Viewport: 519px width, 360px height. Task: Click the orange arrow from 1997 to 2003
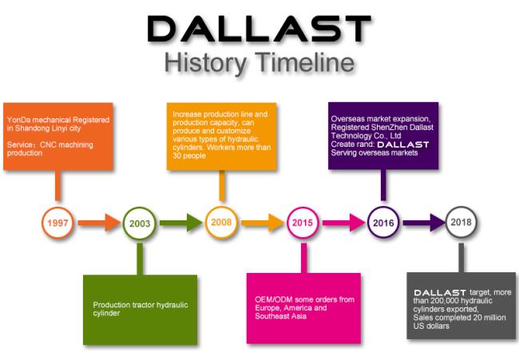pyautogui.click(x=99, y=223)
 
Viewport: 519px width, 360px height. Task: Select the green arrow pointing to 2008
pyautogui.click(x=180, y=223)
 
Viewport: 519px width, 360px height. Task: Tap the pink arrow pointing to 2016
pyautogui.click(x=344, y=223)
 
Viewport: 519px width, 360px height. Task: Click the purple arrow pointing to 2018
pyautogui.click(x=424, y=223)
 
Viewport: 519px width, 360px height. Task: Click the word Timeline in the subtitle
pyautogui.click(x=305, y=62)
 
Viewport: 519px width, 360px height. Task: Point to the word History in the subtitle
pyautogui.click(x=205, y=64)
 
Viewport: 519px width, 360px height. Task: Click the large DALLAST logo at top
pyautogui.click(x=259, y=29)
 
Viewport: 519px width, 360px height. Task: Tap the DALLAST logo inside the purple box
pyautogui.click(x=402, y=144)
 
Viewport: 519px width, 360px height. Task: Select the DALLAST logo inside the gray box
pyautogui.click(x=440, y=292)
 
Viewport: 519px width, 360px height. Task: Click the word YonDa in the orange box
pyautogui.click(x=19, y=120)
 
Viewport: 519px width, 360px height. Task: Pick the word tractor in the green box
pyautogui.click(x=143, y=305)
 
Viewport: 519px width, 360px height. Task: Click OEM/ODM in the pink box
pyautogui.click(x=274, y=299)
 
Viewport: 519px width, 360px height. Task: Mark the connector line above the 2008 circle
pyautogui.click(x=222, y=186)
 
